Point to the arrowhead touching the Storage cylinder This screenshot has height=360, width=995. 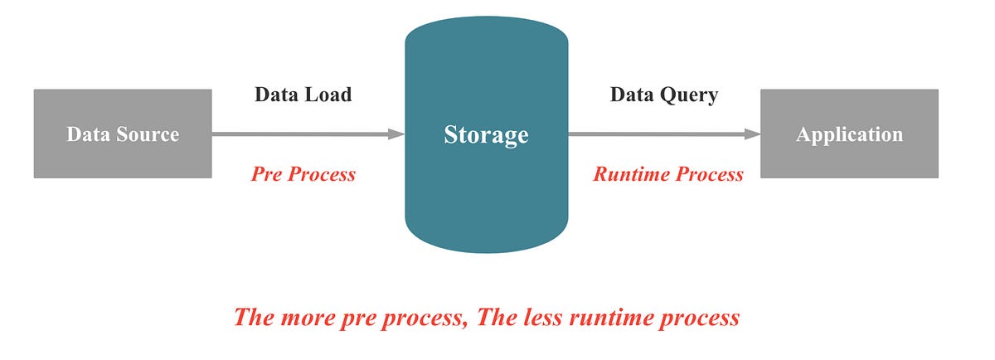pyautogui.click(x=396, y=134)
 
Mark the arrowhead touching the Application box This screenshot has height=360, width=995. pyautogui.click(x=752, y=134)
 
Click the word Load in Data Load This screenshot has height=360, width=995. pyautogui.click(x=327, y=95)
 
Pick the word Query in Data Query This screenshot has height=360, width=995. pyautogui.click(x=688, y=95)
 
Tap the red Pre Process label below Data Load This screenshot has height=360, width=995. pyautogui.click(x=303, y=174)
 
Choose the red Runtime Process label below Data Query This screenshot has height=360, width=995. pyautogui.click(x=667, y=174)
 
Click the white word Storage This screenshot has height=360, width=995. pyautogui.click(x=486, y=134)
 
